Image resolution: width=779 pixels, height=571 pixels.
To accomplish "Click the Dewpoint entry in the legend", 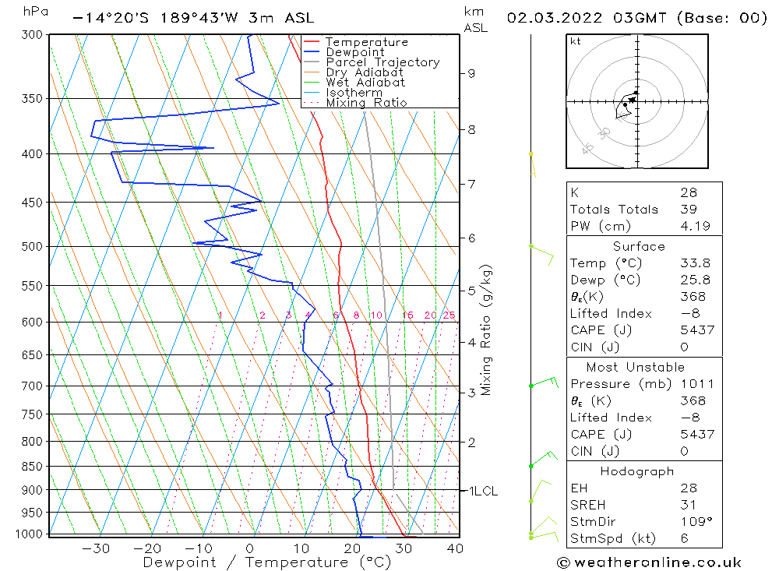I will [354, 52].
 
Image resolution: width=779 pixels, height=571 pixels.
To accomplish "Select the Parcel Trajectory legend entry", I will [382, 62].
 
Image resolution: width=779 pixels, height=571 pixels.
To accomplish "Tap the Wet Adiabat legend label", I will [365, 83].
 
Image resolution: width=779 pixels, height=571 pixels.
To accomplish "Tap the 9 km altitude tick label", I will [471, 73].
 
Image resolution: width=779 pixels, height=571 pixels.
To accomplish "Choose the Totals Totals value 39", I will [689, 210].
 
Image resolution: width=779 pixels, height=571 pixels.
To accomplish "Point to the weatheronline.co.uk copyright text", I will [649, 562].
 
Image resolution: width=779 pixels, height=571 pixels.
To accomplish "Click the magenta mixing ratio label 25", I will [449, 315].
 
